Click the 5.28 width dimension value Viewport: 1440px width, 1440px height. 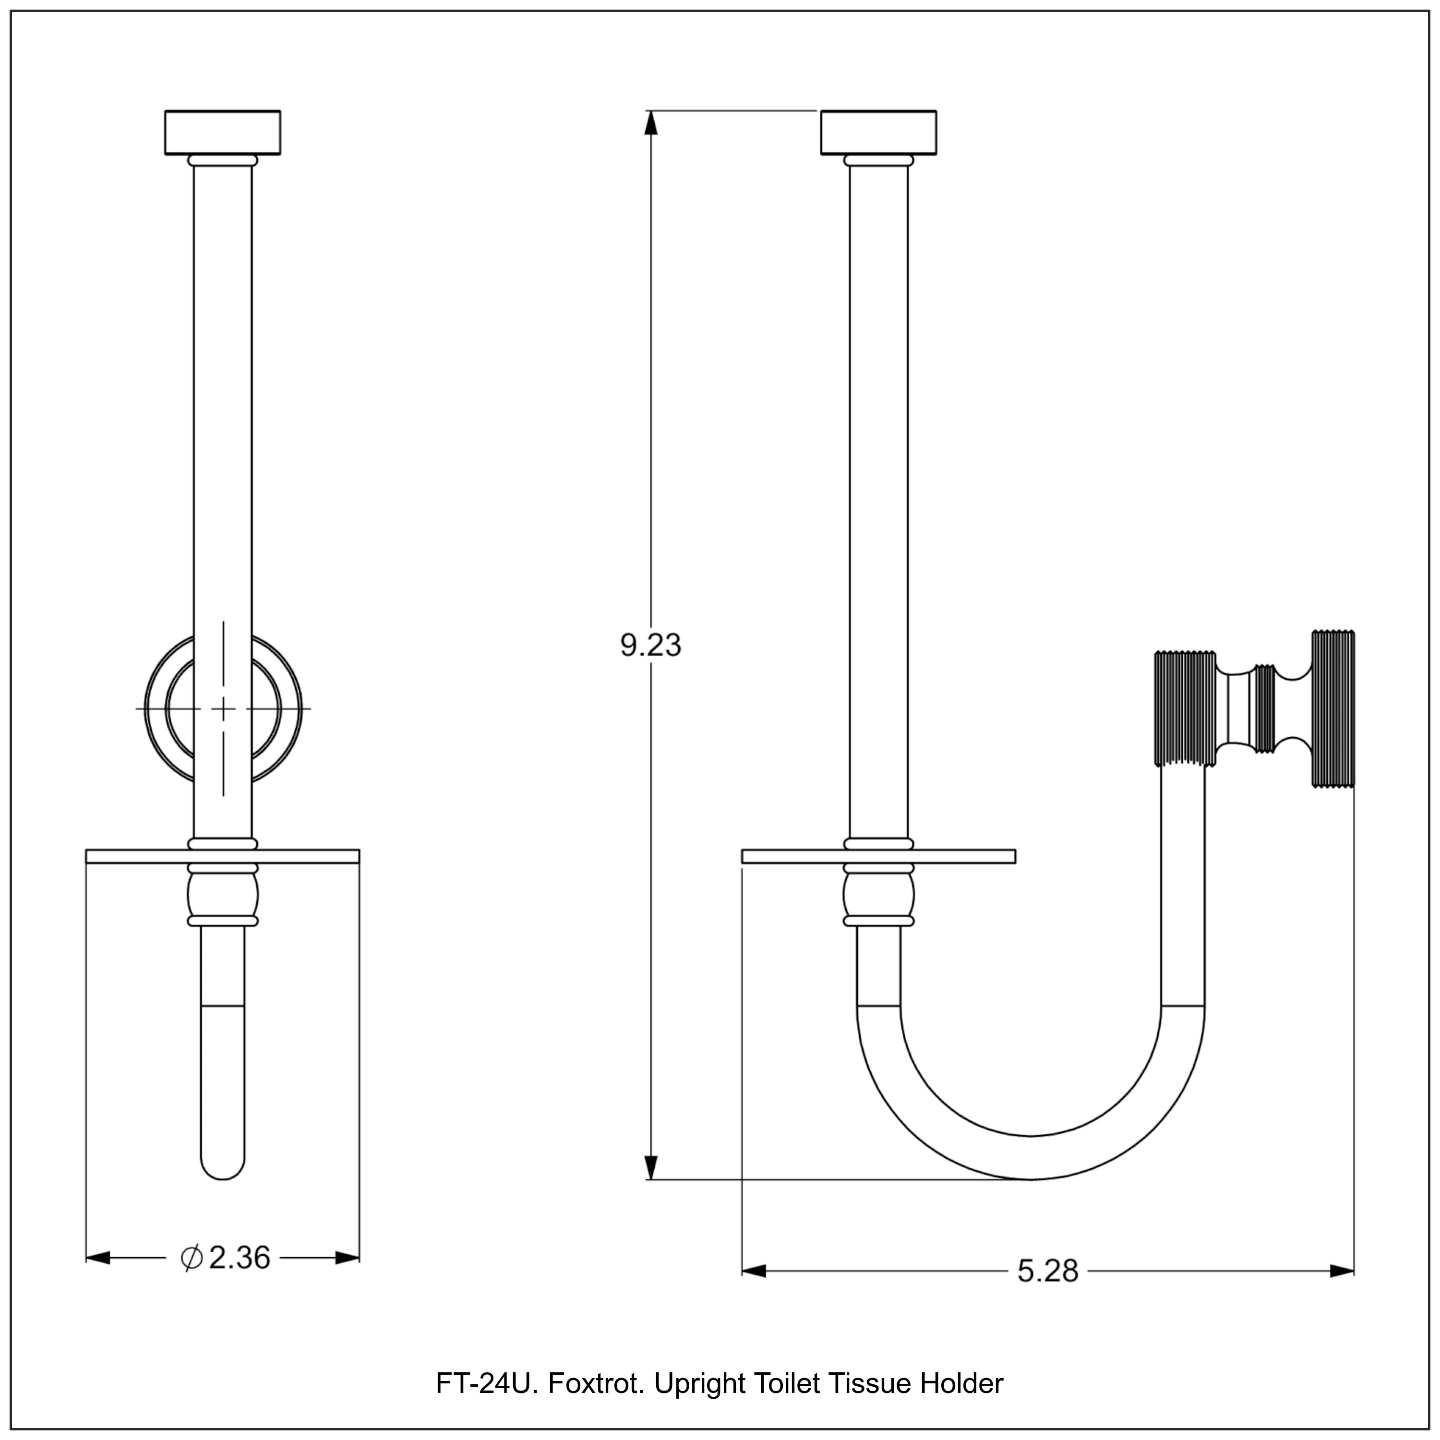(x=1047, y=1271)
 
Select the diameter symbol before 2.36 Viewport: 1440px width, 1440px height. (x=192, y=1258)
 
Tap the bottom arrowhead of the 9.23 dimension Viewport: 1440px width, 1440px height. (x=651, y=1166)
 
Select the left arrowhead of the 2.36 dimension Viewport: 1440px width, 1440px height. (x=98, y=1258)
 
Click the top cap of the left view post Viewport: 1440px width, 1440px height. (x=222, y=132)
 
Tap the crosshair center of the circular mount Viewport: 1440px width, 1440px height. (x=223, y=708)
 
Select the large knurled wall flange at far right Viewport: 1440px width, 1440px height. (x=1332, y=708)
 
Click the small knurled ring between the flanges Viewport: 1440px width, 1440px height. (x=1264, y=708)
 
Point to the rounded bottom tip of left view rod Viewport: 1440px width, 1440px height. (x=223, y=1170)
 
